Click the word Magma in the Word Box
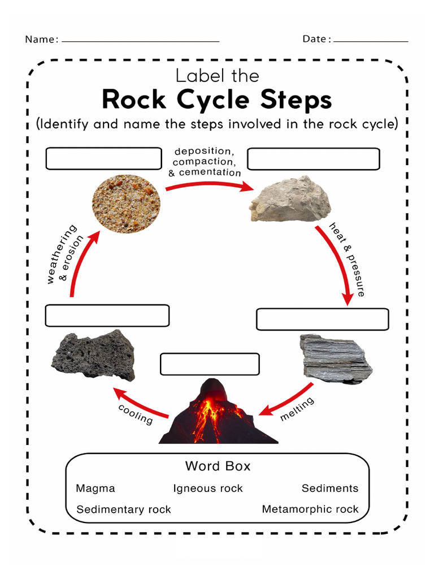point(95,489)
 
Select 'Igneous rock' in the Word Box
point(207,489)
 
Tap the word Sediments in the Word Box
point(329,489)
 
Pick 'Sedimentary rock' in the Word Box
point(123,509)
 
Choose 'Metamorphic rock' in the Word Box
point(310,509)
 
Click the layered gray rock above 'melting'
point(335,358)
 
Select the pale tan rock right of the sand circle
point(290,200)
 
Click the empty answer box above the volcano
point(210,364)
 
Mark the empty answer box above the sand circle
point(103,159)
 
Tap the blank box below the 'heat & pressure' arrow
point(322,319)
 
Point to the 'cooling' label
point(136,414)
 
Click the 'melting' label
point(297,409)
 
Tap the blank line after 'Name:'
point(140,41)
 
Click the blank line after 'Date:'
point(371,41)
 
